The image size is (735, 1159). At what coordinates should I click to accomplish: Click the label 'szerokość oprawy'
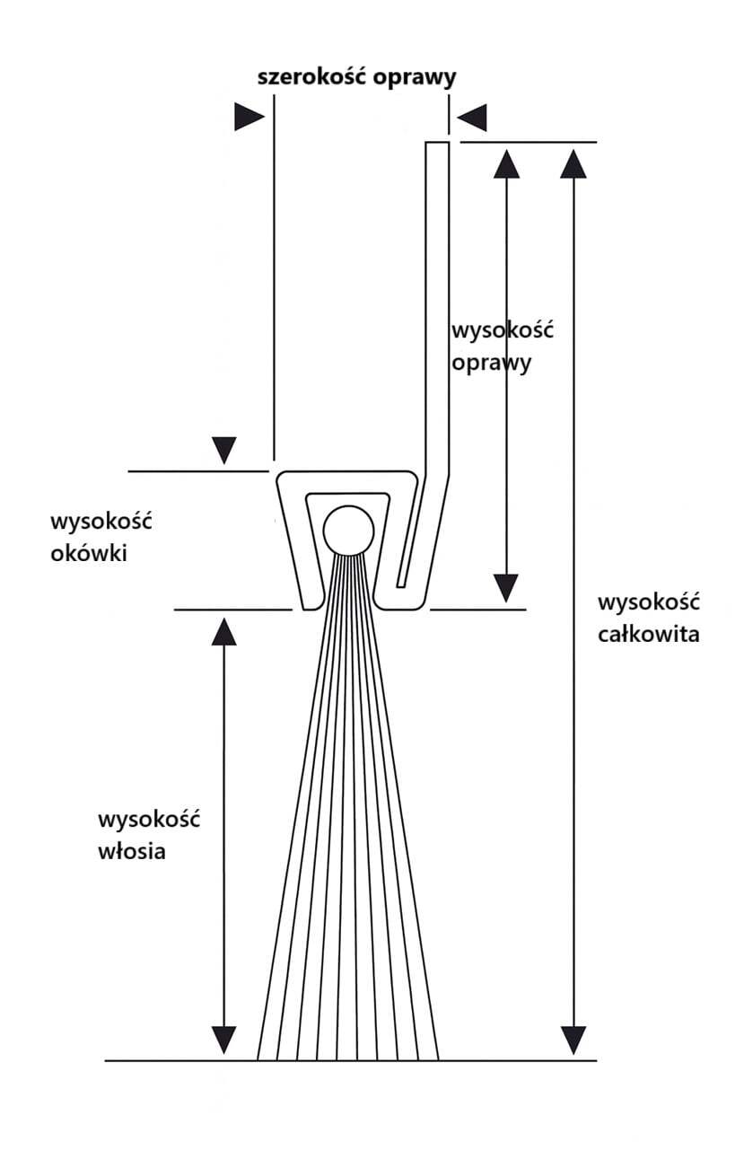[356, 76]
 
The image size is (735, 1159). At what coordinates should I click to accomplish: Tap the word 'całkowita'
[647, 635]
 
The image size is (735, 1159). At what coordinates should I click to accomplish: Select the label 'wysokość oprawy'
[502, 346]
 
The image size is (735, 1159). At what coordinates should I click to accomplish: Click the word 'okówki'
[88, 553]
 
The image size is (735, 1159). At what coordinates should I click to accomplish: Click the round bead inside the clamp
[348, 531]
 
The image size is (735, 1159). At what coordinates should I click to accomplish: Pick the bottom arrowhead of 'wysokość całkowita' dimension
[573, 1040]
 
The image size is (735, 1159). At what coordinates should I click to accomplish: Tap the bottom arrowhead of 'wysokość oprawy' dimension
[507, 588]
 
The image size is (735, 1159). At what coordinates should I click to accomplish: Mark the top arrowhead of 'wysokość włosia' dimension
[223, 631]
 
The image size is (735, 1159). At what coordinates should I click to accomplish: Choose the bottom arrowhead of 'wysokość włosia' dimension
[223, 1040]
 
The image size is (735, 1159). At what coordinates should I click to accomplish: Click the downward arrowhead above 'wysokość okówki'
[223, 450]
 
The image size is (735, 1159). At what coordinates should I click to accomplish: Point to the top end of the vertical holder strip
[437, 145]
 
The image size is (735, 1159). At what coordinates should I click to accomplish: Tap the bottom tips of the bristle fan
[348, 1055]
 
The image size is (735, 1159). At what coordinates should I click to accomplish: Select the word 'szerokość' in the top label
[308, 76]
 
